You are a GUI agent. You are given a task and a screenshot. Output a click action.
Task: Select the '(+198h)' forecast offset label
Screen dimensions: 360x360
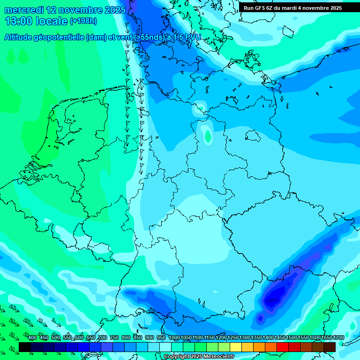[x=83, y=21]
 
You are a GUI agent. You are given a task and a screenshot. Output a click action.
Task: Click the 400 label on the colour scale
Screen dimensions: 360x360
[x=32, y=338]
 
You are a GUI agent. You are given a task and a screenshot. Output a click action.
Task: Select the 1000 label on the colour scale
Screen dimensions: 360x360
[x=174, y=338]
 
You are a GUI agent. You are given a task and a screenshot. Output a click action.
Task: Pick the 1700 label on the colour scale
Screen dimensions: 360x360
[x=338, y=338]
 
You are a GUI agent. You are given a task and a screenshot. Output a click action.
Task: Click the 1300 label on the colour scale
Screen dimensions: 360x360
[x=244, y=338]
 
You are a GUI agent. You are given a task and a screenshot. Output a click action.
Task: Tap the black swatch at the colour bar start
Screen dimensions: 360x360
[x=25, y=347]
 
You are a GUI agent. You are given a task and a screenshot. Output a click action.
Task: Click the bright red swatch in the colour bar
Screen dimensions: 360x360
[x=283, y=347]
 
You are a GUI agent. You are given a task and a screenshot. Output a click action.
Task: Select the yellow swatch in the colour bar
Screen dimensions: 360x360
[x=236, y=347]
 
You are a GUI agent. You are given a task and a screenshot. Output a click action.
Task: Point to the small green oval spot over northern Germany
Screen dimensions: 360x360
[x=208, y=136]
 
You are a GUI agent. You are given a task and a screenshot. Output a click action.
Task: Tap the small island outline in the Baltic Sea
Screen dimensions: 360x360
[x=253, y=135]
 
